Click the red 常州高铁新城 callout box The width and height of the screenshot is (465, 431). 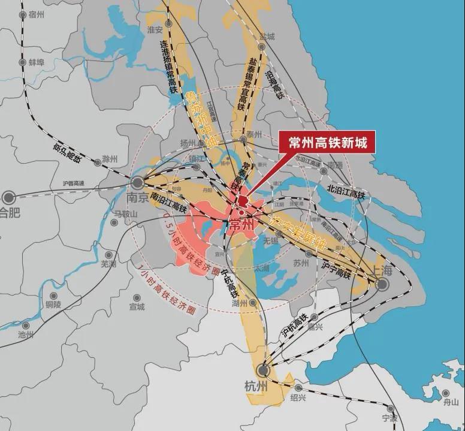click(327, 143)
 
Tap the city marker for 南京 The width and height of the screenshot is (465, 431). click(137, 181)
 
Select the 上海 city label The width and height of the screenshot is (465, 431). click(382, 270)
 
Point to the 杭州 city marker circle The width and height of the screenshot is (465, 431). click(263, 370)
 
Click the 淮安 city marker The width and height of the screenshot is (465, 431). click(169, 23)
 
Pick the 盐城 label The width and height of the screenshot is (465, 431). click(267, 37)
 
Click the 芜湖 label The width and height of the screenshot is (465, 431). click(108, 263)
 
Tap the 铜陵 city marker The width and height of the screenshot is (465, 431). click(53, 296)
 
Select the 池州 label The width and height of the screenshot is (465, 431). click(26, 334)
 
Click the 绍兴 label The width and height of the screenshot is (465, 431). click(298, 397)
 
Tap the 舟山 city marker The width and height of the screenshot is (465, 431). click(445, 394)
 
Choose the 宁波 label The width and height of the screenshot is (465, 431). click(389, 418)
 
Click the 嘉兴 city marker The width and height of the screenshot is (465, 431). click(312, 318)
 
